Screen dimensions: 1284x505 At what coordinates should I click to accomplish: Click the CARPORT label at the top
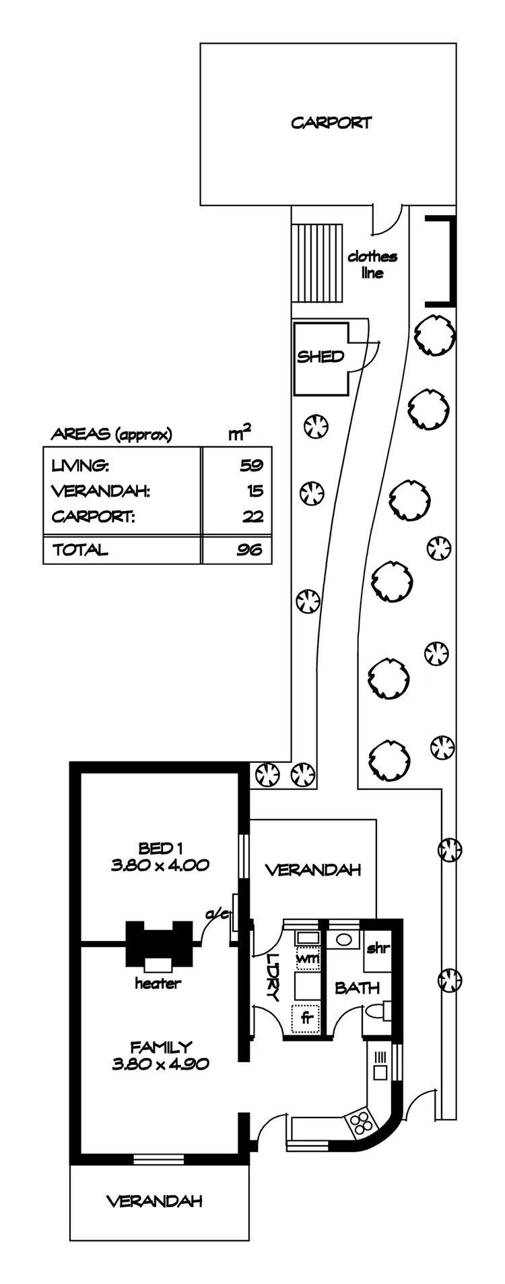331,123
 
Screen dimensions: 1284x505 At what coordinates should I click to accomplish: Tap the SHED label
321,357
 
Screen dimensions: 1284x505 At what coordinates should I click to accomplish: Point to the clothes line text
372,264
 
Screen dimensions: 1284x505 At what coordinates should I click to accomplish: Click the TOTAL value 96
249,549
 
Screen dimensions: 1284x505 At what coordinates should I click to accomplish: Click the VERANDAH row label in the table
100,491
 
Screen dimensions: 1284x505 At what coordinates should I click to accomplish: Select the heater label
158,983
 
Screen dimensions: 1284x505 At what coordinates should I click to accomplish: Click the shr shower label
378,948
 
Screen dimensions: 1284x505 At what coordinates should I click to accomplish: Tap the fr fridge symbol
308,1018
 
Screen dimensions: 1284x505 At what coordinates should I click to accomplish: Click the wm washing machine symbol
308,958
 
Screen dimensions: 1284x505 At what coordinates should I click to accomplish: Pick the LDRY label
273,977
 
